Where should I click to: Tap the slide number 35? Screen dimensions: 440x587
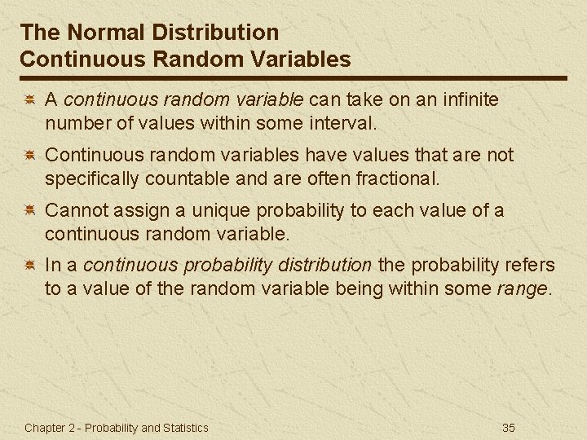pos(509,427)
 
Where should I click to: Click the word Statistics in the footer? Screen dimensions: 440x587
pos(185,427)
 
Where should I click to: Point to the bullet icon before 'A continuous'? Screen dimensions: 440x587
pos(28,100)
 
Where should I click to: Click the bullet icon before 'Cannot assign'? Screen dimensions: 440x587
pos(28,211)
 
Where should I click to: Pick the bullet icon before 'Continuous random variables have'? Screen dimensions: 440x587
pos(28,156)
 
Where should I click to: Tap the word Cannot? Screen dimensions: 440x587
pos(75,210)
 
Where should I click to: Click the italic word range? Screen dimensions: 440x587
pos(523,288)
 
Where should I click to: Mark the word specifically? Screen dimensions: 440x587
pos(91,178)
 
